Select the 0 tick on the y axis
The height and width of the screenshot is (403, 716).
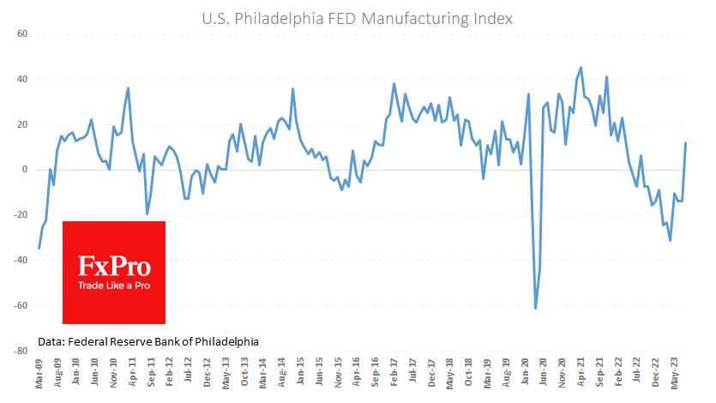(26, 170)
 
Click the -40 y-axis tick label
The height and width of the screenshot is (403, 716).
(21, 261)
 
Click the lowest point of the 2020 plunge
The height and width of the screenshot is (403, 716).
(535, 309)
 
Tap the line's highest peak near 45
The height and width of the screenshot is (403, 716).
(581, 67)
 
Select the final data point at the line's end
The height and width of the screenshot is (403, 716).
(685, 143)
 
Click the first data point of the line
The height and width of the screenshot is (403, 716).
(39, 249)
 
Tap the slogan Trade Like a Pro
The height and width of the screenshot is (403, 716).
(114, 285)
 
